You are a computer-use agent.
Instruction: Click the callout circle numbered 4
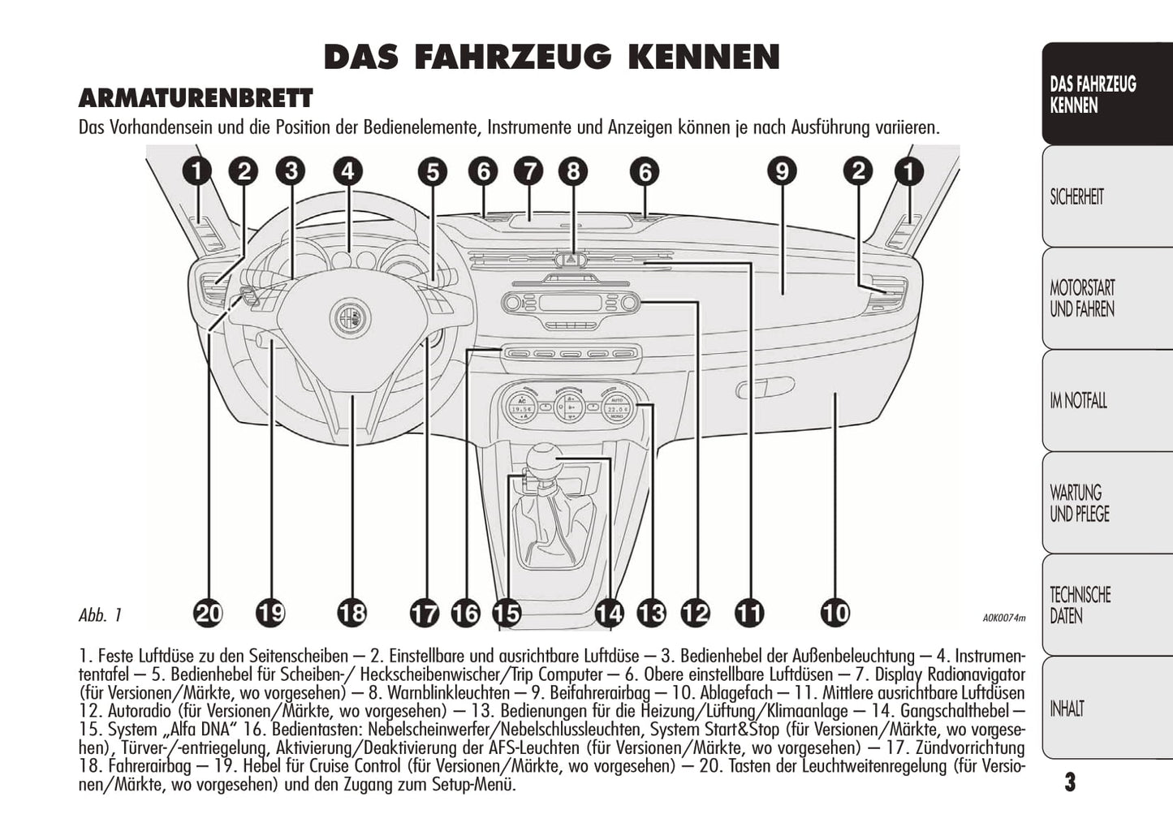pos(347,171)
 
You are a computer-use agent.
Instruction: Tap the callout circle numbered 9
pos(782,171)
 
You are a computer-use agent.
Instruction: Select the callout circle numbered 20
pos(209,613)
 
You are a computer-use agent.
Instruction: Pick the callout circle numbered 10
pos(836,613)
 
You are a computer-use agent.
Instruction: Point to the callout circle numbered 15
pos(507,613)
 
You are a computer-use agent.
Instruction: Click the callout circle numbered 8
pos(573,171)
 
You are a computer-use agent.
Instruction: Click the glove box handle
pos(765,387)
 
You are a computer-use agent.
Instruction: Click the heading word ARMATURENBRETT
pos(196,98)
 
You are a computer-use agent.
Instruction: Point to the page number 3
pos(1070,782)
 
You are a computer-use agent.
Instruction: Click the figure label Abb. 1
pos(100,615)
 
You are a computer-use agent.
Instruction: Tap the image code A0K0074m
pos(1004,618)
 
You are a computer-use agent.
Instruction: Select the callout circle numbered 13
pos(652,613)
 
